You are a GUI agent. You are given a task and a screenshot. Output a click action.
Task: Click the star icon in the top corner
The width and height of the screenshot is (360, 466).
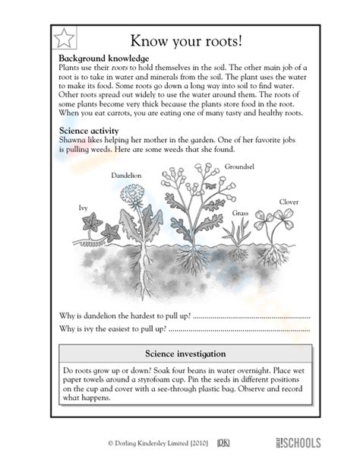point(65,37)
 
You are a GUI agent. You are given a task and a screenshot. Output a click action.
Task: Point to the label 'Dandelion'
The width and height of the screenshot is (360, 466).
point(126,175)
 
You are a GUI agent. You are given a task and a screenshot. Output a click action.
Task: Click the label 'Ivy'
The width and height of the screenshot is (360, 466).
point(83,207)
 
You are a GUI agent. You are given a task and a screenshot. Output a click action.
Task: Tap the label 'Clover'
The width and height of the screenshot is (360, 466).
point(289,201)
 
